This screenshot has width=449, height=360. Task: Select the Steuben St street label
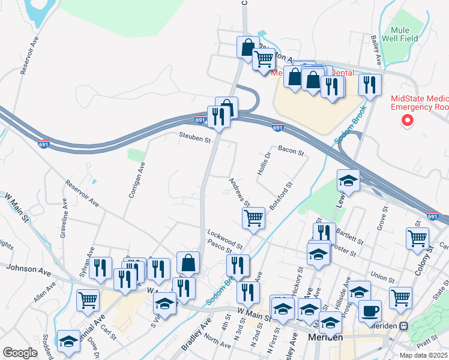coord(195,139)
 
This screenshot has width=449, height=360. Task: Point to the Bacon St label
coord(291,151)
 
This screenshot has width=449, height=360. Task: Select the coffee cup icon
coord(370,311)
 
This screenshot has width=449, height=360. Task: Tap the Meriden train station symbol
coord(404,326)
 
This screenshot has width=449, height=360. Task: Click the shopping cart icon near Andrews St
coord(254,217)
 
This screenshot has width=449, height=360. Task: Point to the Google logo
coord(20,352)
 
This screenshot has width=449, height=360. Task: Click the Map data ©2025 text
coord(424,355)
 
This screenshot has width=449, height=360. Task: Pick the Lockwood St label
coord(224,238)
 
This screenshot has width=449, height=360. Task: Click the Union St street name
coord(382,277)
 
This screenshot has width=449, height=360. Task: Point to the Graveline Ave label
coord(64,220)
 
